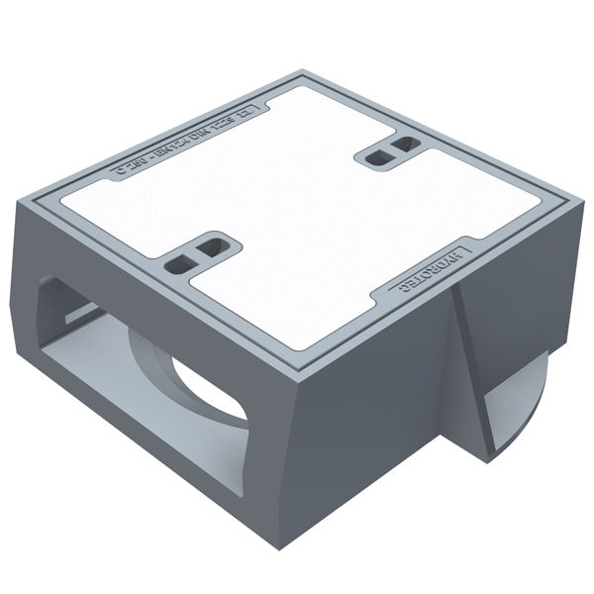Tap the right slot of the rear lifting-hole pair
pos(400,145)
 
